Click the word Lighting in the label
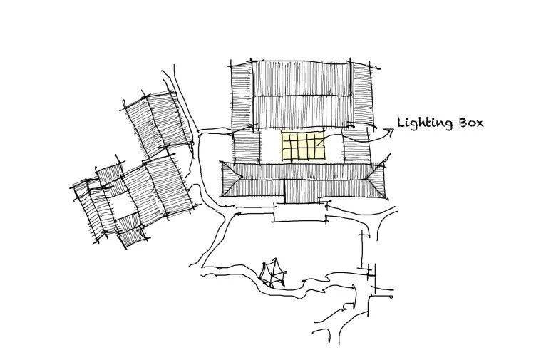425,123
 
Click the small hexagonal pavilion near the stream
272,273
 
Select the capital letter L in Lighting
401,122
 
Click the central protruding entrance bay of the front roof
306,190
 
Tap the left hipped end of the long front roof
230,179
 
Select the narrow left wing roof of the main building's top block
242,93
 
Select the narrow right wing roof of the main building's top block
363,93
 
